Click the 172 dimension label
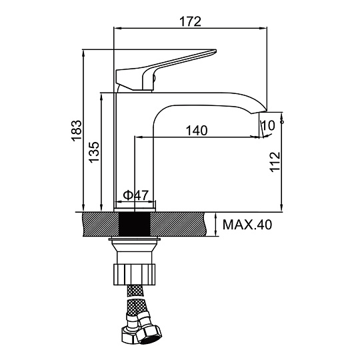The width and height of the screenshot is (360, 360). pyautogui.click(x=190, y=21)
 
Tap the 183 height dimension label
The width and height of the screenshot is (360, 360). pyautogui.click(x=76, y=131)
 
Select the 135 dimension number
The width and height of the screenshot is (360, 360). pyautogui.click(x=94, y=152)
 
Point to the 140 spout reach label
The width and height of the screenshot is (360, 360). pyautogui.click(x=197, y=131)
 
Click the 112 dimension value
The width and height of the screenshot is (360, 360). pyautogui.click(x=275, y=162)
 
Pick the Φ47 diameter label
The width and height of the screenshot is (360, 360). pyautogui.click(x=136, y=195)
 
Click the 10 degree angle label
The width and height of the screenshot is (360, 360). pyautogui.click(x=268, y=125)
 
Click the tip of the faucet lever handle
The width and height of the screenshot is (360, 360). pyautogui.click(x=215, y=51)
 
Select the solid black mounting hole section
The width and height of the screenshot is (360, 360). pyautogui.click(x=135, y=224)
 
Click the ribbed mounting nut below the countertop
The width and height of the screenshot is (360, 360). pyautogui.click(x=135, y=275)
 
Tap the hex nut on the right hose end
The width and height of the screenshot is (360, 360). pyautogui.click(x=149, y=335)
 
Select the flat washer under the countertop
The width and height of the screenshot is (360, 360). pyautogui.click(x=135, y=239)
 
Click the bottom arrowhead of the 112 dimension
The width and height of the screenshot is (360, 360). pyautogui.click(x=282, y=208)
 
